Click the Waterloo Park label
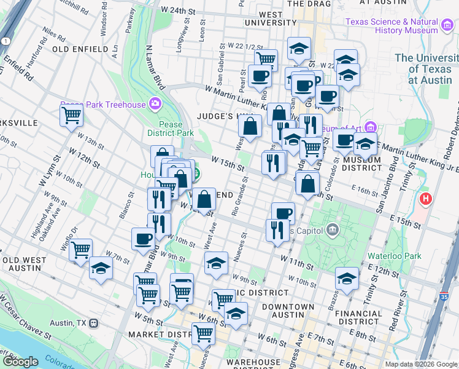393,256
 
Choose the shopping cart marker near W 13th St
71,114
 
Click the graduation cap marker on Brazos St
347,278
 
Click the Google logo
20,361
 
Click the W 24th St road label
177,11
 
